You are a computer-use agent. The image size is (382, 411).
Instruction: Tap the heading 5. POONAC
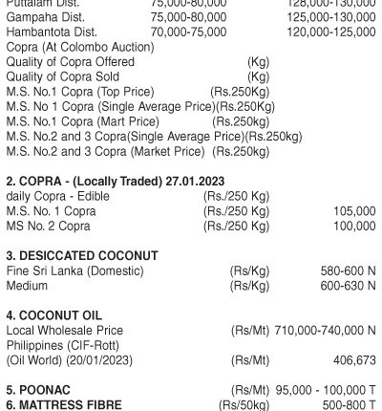pos(40,391)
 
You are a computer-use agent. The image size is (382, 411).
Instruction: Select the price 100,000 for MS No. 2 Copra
pos(353,226)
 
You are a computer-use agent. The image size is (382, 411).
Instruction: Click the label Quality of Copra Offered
pos(70,62)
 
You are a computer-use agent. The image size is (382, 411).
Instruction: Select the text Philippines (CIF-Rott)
pos(65,345)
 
